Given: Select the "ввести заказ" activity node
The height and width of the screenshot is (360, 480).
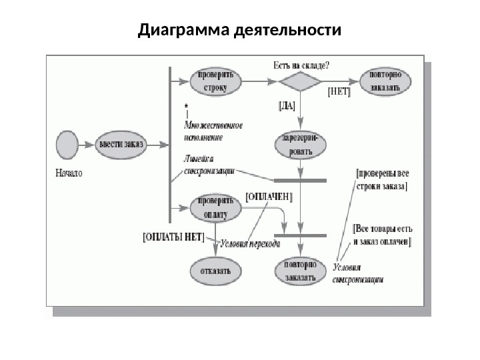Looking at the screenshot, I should click(x=121, y=144).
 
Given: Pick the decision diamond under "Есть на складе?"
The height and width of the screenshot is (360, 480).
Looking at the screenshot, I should click(x=299, y=82).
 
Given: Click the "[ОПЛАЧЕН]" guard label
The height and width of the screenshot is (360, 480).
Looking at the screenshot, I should click(x=269, y=197).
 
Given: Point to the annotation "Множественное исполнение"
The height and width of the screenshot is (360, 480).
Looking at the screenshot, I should click(x=213, y=131).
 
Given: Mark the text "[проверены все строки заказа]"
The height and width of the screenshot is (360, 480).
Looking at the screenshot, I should click(x=382, y=179).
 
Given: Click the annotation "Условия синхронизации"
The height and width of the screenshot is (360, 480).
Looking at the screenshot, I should click(x=357, y=274).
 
